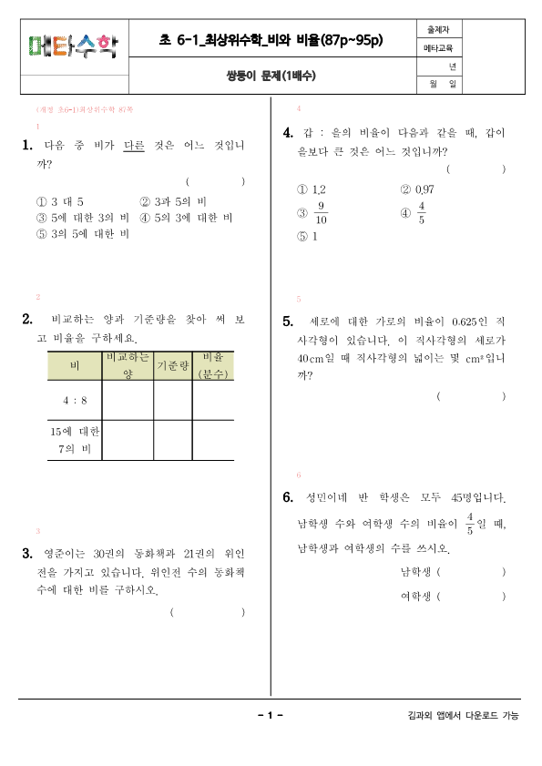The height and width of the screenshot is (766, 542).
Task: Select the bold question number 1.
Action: click(x=27, y=146)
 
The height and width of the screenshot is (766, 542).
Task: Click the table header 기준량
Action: click(x=172, y=366)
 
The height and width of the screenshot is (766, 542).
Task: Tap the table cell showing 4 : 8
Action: click(x=75, y=401)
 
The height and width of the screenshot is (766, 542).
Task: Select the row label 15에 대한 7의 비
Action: click(x=75, y=440)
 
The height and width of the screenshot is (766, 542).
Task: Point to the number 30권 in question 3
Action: click(x=107, y=553)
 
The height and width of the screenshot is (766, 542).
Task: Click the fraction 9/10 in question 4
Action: click(x=321, y=213)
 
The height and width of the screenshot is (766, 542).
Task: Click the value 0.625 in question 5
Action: click(x=465, y=322)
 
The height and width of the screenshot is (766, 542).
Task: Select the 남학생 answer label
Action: click(x=416, y=573)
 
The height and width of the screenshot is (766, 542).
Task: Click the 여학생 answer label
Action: click(x=416, y=597)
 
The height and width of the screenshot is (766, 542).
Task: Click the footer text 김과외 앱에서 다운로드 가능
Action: click(x=464, y=716)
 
